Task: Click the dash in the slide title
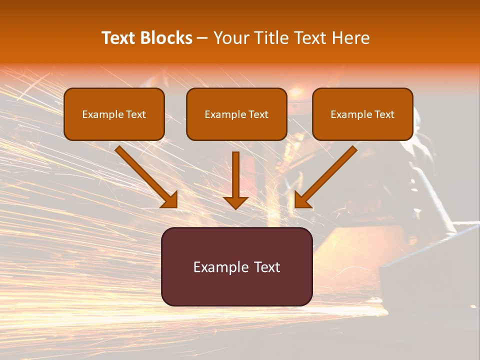pyautogui.click(x=202, y=38)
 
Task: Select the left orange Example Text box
pyautogui.click(x=114, y=114)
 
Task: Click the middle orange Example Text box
pyautogui.click(x=236, y=114)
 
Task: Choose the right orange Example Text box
pyautogui.click(x=362, y=114)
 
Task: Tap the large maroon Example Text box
pyautogui.click(x=236, y=266)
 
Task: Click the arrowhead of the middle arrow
pyautogui.click(x=235, y=202)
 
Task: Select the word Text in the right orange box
pyautogui.click(x=384, y=114)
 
